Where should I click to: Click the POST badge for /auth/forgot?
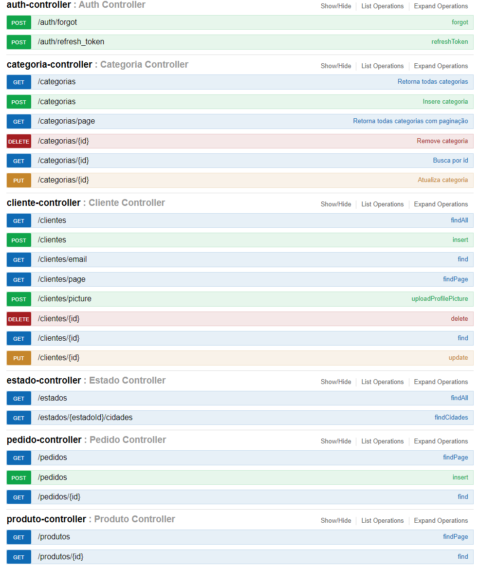(18, 22)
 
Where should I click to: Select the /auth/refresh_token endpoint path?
(71, 42)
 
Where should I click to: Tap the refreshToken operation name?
(449, 42)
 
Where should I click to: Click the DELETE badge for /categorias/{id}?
(18, 141)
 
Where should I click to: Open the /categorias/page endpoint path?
(66, 121)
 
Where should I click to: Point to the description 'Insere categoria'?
(445, 102)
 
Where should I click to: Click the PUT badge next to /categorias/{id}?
(18, 181)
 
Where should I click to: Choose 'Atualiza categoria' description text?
(442, 180)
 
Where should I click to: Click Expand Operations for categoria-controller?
(441, 66)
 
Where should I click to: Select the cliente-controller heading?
(43, 203)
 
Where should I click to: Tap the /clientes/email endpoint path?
(62, 259)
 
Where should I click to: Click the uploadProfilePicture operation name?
(440, 299)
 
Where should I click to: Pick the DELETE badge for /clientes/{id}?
(18, 319)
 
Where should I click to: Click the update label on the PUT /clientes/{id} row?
(458, 358)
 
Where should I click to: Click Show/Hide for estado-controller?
(335, 382)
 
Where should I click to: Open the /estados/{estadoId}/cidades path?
(85, 418)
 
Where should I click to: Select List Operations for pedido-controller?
(382, 441)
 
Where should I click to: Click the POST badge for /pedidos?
(18, 477)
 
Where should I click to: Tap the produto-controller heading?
(46, 519)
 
